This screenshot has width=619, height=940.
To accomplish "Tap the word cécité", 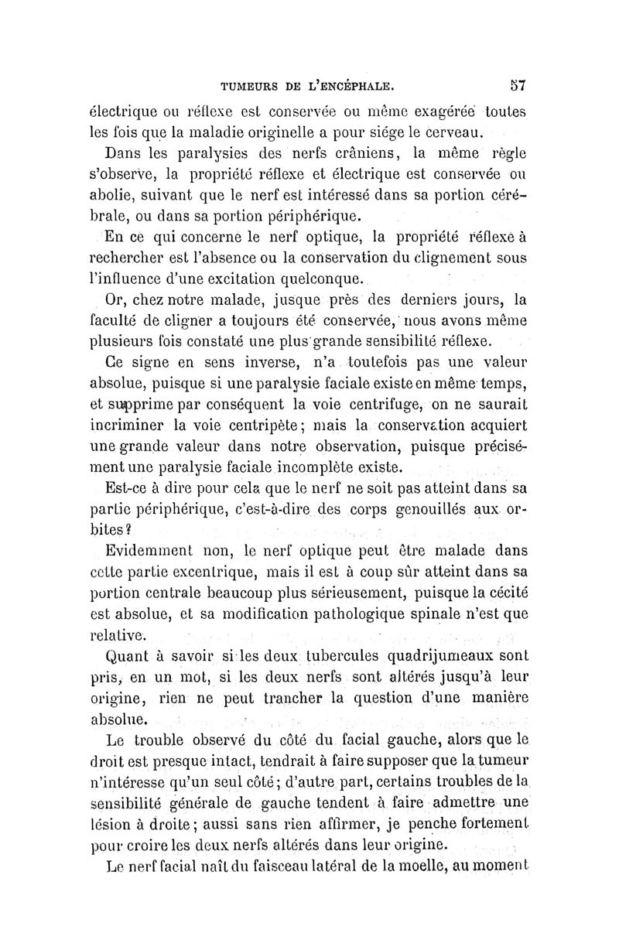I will click(502, 593).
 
